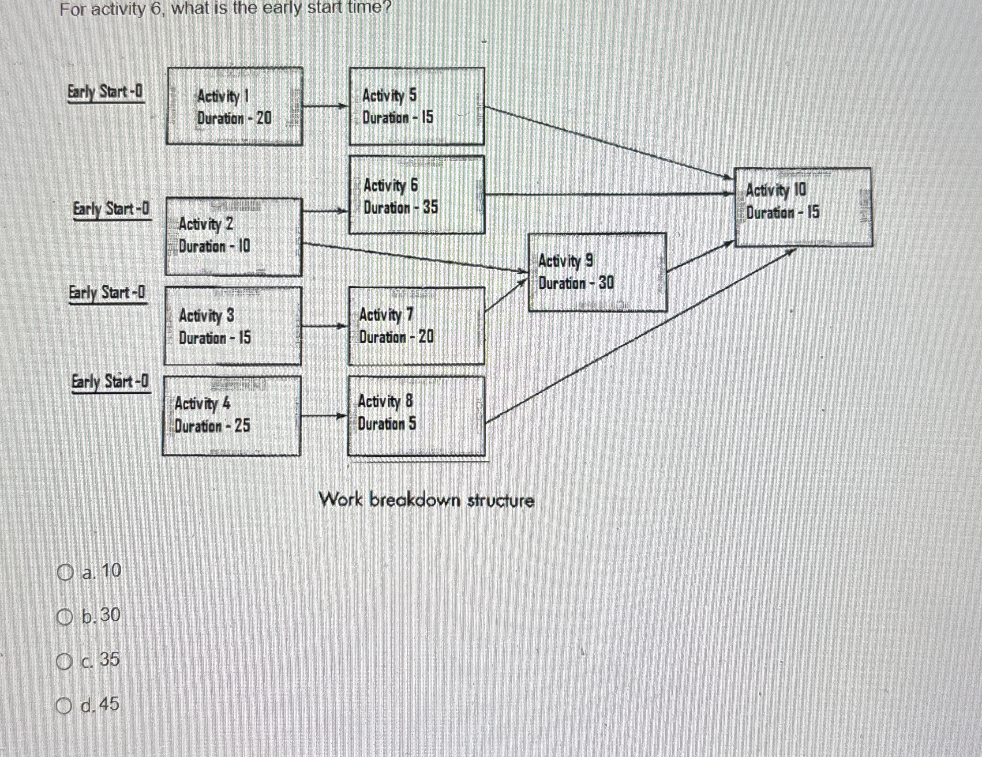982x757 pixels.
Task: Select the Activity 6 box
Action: (417, 195)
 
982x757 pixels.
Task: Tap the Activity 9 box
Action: (597, 272)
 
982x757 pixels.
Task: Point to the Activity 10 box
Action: (803, 207)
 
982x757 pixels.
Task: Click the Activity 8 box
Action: (416, 416)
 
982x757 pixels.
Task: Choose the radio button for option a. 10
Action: (65, 573)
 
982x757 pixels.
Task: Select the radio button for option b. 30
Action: (65, 617)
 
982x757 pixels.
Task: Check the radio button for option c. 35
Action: (64, 661)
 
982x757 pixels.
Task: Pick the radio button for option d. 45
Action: (64, 706)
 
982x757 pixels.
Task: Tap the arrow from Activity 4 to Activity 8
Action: (324, 416)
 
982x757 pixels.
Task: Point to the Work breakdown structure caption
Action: (426, 500)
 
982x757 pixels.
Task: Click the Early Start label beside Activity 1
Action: (106, 92)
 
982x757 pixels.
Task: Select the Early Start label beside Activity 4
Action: (111, 382)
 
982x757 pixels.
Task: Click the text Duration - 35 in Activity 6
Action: (400, 207)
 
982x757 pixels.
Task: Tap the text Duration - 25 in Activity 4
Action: (212, 426)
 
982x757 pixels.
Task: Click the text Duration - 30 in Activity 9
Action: (576, 283)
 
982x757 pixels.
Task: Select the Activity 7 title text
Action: (386, 314)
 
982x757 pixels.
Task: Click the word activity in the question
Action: (119, 8)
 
